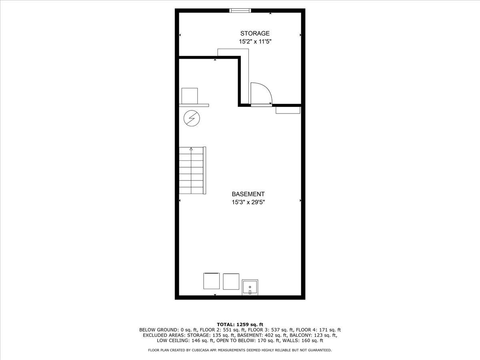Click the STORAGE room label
(x=255, y=34)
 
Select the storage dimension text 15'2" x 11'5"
(x=255, y=42)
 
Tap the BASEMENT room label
(x=248, y=194)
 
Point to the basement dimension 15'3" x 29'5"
(x=248, y=202)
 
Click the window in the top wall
(x=240, y=10)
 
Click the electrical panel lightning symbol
(x=192, y=118)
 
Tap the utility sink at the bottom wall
(x=250, y=288)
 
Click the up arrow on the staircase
(x=191, y=149)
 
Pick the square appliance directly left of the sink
(x=231, y=281)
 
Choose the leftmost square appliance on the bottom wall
(x=212, y=281)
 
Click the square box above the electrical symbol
(x=190, y=96)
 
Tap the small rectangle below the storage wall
(x=288, y=110)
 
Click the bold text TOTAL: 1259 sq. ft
(x=240, y=324)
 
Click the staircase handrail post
(x=204, y=170)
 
